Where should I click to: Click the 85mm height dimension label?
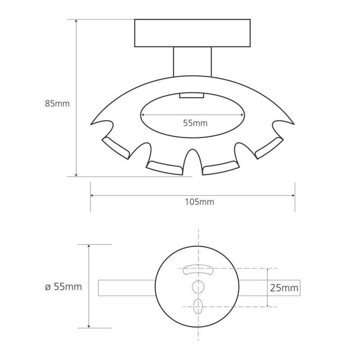(x=57, y=103)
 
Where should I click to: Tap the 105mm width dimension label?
(x=199, y=202)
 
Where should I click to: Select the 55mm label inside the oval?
(x=195, y=123)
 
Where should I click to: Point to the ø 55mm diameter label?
(x=63, y=287)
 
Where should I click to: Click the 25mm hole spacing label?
(x=284, y=288)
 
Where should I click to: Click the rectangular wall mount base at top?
(x=193, y=33)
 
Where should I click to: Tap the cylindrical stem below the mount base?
(x=193, y=62)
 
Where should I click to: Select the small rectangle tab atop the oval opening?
(x=192, y=95)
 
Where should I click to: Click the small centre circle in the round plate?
(x=198, y=287)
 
